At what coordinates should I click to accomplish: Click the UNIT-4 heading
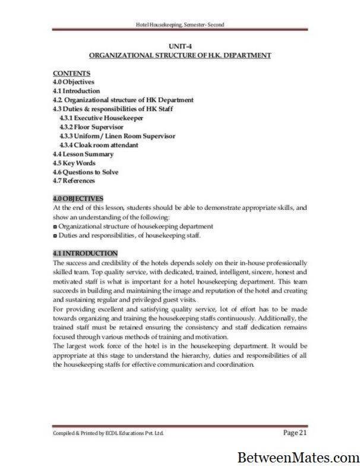pyautogui.click(x=179, y=45)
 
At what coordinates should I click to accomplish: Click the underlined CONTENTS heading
pyautogui.click(x=69, y=73)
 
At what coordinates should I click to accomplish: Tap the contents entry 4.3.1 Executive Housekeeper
pyautogui.click(x=99, y=118)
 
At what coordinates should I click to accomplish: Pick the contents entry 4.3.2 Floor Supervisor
pyautogui.click(x=91, y=127)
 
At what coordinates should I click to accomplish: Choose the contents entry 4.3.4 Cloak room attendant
pyautogui.click(x=99, y=144)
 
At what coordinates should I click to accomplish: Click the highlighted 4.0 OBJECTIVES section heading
pyautogui.click(x=78, y=199)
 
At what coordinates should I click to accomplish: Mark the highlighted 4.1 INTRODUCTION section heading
pyautogui.click(x=85, y=253)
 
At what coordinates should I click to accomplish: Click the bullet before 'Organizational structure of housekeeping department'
pyautogui.click(x=55, y=226)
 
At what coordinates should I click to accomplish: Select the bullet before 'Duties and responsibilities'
pyautogui.click(x=55, y=235)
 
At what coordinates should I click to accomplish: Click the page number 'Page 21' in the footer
pyautogui.click(x=295, y=432)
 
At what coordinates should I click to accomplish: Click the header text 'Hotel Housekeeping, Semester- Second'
pyautogui.click(x=179, y=24)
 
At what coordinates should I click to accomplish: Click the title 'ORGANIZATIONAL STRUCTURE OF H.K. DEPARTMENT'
pyautogui.click(x=179, y=55)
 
